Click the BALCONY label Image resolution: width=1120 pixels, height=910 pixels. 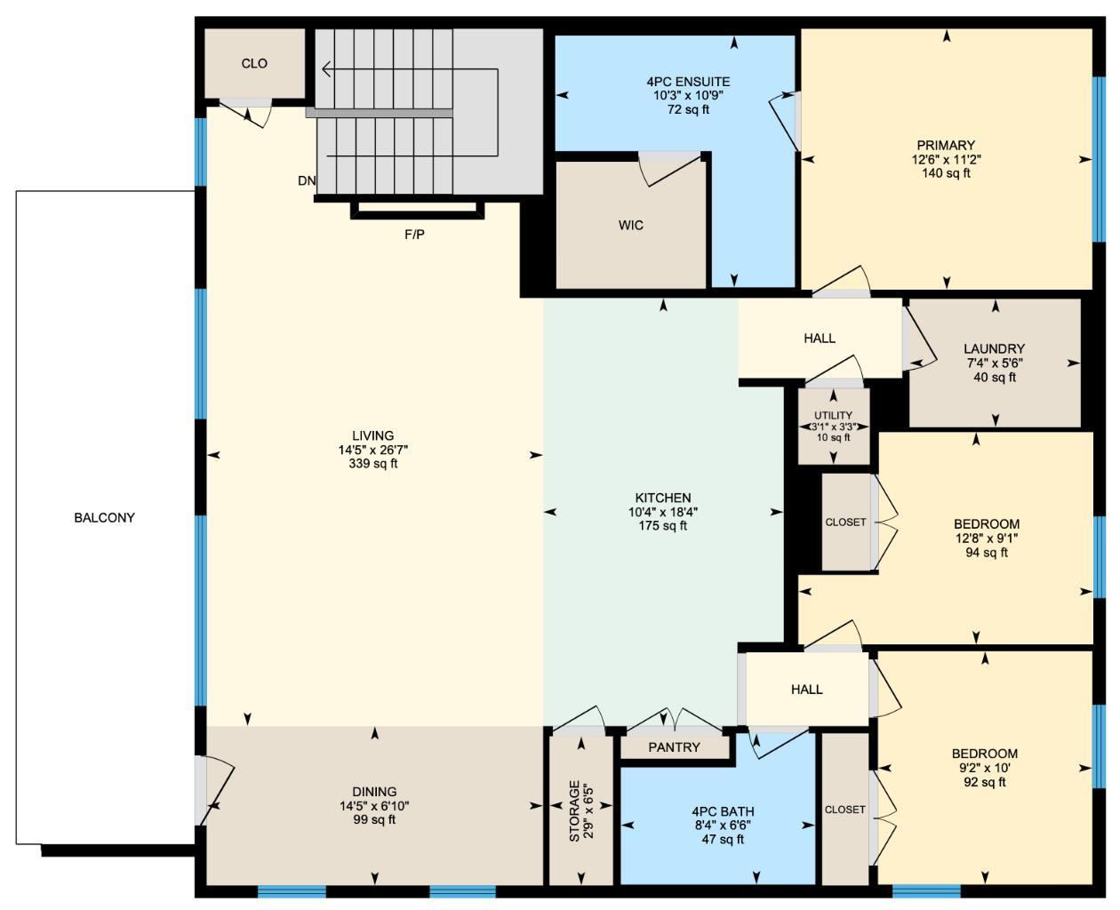104,517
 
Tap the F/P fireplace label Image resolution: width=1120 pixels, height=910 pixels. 414,235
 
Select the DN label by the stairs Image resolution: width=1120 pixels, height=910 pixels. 307,180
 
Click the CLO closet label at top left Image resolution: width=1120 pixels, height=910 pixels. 254,64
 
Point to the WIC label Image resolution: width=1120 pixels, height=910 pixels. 631,225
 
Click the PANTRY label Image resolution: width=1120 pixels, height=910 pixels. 674,747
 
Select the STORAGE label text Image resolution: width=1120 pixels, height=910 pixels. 574,810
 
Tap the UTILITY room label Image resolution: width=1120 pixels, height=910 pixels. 833,415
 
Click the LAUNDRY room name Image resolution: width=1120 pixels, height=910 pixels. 994,348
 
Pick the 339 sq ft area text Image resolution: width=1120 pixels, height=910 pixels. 373,463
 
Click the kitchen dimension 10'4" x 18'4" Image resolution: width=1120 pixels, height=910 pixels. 663,512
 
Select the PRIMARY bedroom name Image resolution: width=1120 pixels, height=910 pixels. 946,145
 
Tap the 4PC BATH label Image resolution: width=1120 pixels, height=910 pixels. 723,811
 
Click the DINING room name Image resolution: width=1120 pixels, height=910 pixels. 374,792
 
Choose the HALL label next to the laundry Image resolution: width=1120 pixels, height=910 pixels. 819,339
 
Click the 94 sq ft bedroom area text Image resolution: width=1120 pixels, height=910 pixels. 986,552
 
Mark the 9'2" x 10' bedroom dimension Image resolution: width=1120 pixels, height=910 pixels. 984,768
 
